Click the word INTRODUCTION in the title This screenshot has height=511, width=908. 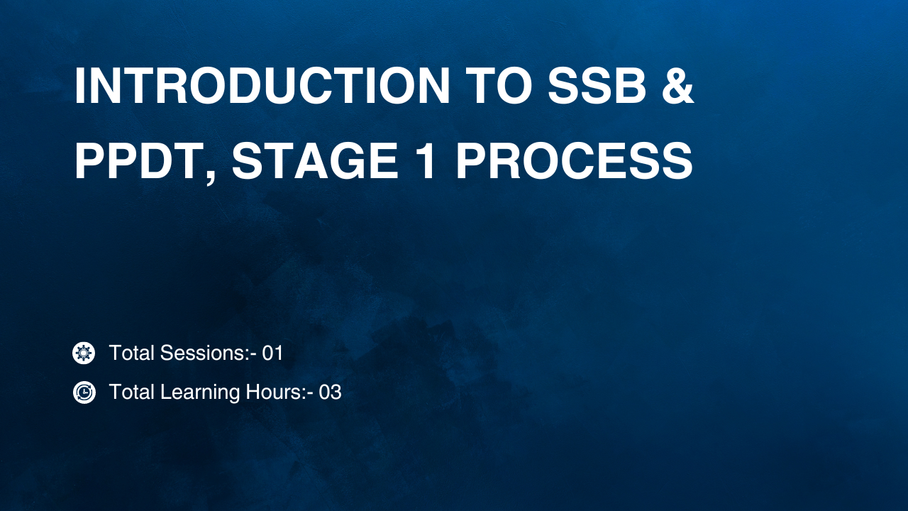point(262,86)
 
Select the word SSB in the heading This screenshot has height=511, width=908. point(597,86)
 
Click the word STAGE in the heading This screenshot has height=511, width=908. point(314,160)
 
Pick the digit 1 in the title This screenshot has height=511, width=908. point(428,160)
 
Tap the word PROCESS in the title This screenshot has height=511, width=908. point(575,160)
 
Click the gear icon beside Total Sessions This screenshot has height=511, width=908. point(84,353)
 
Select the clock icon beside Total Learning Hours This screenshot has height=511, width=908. point(84,392)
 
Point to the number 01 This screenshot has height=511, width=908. point(272,353)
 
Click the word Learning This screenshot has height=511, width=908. point(200,392)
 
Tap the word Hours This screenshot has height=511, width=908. point(276,392)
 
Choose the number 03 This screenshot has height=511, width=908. point(330,392)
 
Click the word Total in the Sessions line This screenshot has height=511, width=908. point(132,353)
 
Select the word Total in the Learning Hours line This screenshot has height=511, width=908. point(132,392)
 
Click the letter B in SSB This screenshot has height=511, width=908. point(630,86)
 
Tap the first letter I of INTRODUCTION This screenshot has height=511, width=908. point(80,86)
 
